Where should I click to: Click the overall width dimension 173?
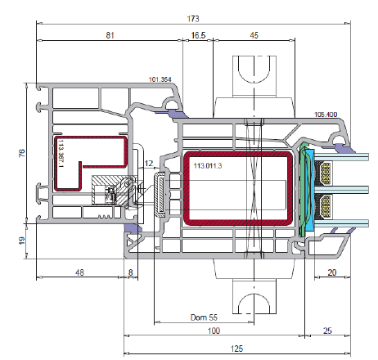click(x=193, y=19)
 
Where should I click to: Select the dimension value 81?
click(x=110, y=35)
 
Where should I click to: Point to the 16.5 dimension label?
click(x=198, y=35)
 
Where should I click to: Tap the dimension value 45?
click(x=254, y=35)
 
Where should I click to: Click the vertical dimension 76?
click(x=22, y=153)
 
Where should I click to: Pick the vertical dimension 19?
click(x=22, y=241)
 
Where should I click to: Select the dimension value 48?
click(x=79, y=272)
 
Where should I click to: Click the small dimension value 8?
click(x=131, y=272)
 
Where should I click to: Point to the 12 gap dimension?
click(x=149, y=164)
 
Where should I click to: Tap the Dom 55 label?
click(x=204, y=317)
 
